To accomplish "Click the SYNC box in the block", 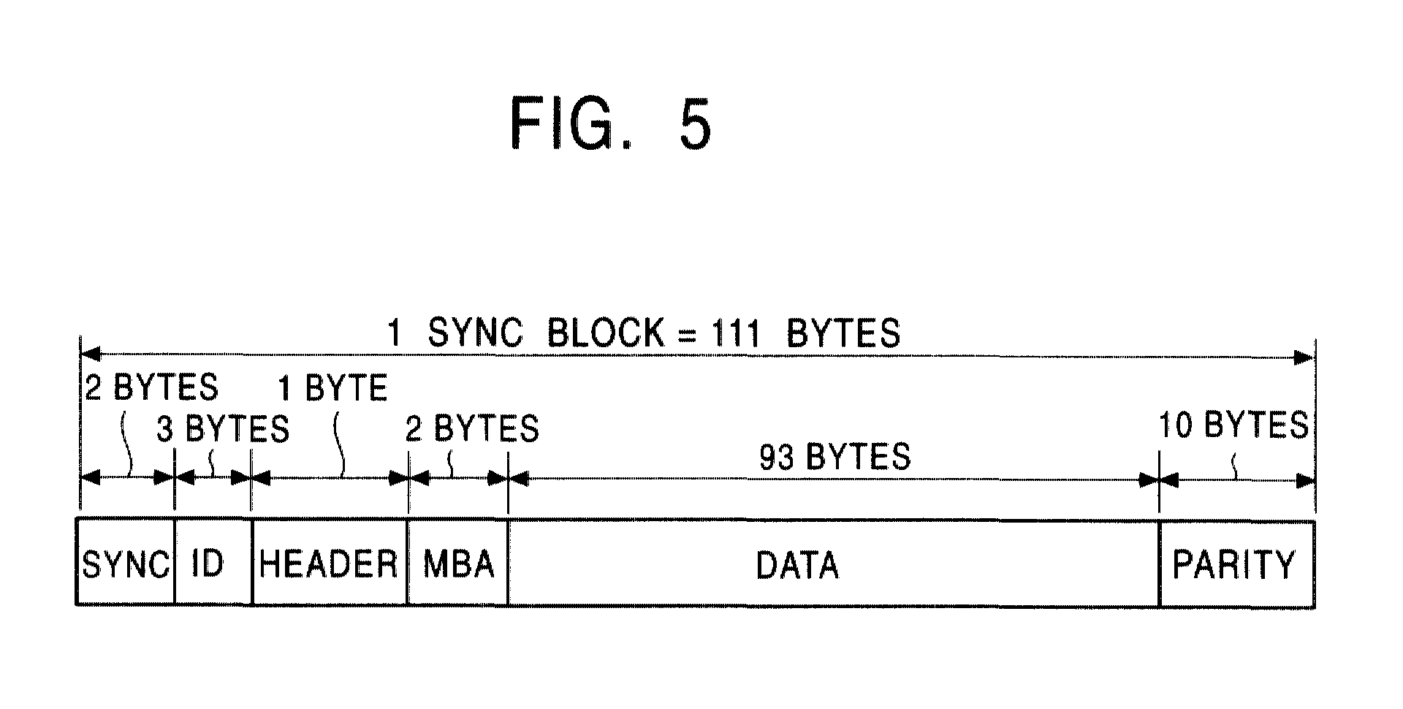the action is tap(125, 562).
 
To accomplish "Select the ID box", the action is tap(213, 562).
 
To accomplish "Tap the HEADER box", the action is tap(330, 562).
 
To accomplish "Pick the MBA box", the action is tap(457, 562).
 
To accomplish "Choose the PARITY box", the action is tap(1236, 562).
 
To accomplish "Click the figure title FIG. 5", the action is tap(610, 124).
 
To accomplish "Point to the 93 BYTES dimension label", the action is tap(835, 457).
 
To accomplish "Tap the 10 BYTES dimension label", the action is tap(1233, 425).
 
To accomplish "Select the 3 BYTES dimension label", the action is tap(223, 429).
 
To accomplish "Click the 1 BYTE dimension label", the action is tap(332, 388).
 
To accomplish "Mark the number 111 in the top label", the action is tap(727, 333).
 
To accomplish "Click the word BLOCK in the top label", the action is tap(606, 333).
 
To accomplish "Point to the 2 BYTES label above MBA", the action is tap(472, 428).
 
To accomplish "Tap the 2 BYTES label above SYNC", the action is tap(151, 387).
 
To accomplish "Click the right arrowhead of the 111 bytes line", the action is tap(1305, 357).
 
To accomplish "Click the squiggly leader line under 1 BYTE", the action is tap(340, 446).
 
